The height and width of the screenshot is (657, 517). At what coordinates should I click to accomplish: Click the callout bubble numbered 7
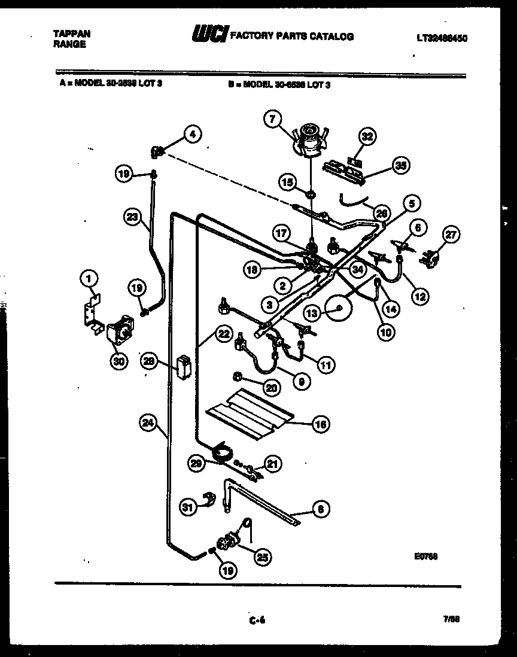point(272,120)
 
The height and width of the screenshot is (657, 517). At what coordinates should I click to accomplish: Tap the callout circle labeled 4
point(191,135)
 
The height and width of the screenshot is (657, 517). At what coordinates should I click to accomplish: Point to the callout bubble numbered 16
point(321,424)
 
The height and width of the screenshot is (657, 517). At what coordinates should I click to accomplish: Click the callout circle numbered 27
point(450,235)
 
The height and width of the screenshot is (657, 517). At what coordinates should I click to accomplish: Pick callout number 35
point(400,166)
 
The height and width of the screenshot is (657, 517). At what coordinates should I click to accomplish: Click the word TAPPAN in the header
point(68,34)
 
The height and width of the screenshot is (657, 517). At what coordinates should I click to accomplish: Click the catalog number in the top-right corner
point(442,38)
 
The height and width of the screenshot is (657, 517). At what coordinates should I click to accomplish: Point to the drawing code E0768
point(425,556)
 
